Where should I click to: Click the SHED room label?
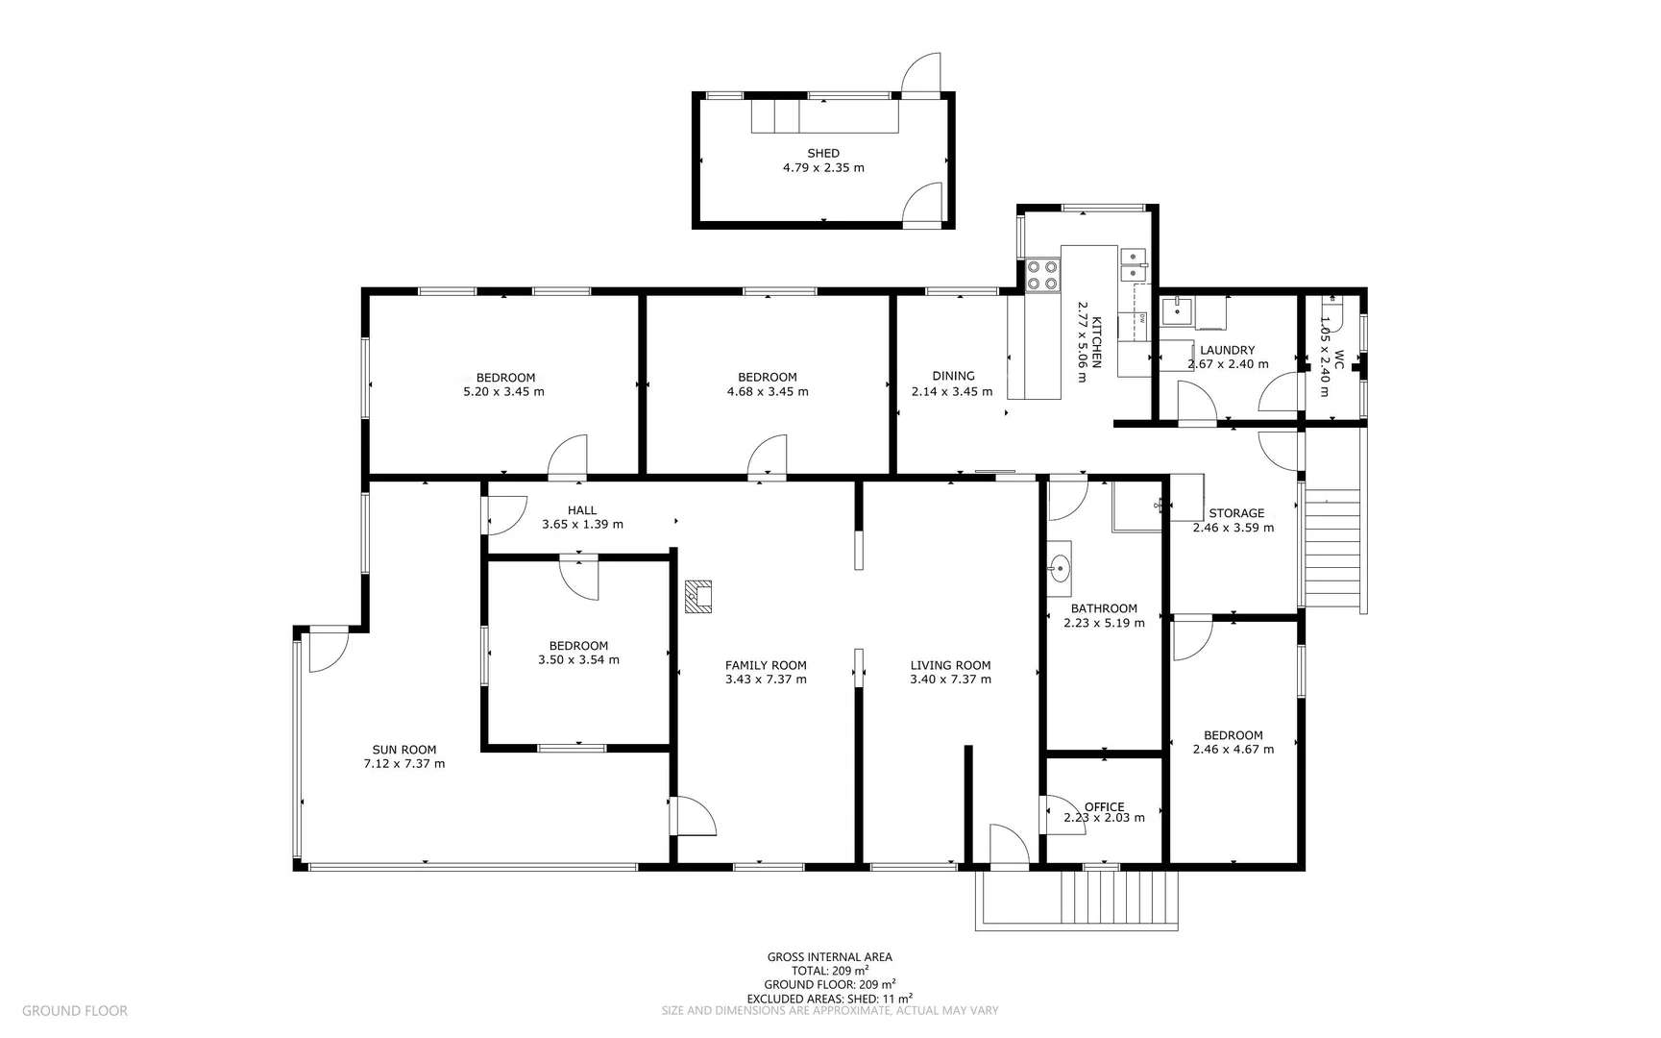[x=823, y=153]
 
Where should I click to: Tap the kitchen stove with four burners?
[x=1042, y=275]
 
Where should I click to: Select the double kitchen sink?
[x=1133, y=265]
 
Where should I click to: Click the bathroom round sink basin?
[x=1060, y=568]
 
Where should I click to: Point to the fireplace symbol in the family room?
[x=698, y=596]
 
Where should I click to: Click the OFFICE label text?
[x=1104, y=807]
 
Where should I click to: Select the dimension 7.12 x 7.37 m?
[x=403, y=764]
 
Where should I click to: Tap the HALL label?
[x=582, y=510]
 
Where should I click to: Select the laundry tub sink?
[x=1177, y=311]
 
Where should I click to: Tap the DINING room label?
[x=953, y=376]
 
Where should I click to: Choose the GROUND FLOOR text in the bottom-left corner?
[x=74, y=1010]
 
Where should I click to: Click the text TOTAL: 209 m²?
[x=829, y=971]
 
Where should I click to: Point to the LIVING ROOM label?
[x=950, y=665]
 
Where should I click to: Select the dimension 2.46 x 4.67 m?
[x=1233, y=750]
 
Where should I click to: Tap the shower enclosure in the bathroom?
[x=1137, y=507]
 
